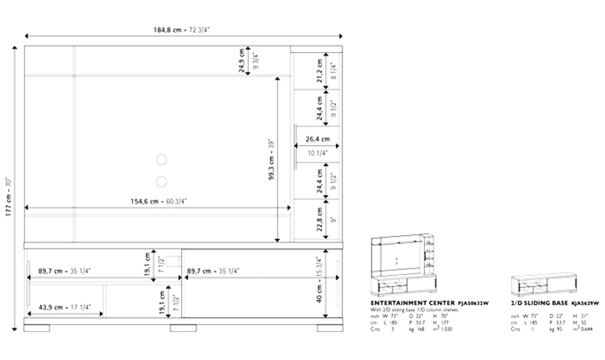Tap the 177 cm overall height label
click(9, 197)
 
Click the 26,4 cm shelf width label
click(318, 139)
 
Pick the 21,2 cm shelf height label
click(320, 71)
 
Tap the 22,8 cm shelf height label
click(320, 219)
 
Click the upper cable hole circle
click(161, 160)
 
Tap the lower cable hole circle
click(161, 182)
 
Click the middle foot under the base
click(183, 328)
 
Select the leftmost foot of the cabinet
click(37, 328)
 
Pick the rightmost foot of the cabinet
click(330, 328)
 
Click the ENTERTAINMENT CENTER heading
click(412, 303)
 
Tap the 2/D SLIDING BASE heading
click(539, 303)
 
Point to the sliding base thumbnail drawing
click(544, 285)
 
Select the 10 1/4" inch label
click(318, 153)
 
